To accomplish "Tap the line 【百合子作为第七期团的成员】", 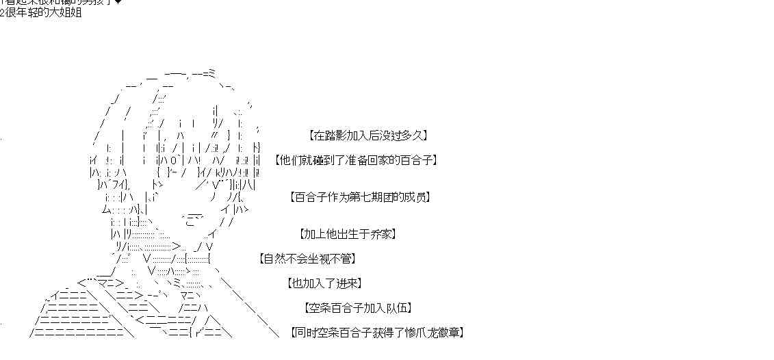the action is [x=360, y=197].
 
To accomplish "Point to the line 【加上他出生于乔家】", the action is [x=348, y=234].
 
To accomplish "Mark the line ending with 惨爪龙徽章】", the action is [x=376, y=333].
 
